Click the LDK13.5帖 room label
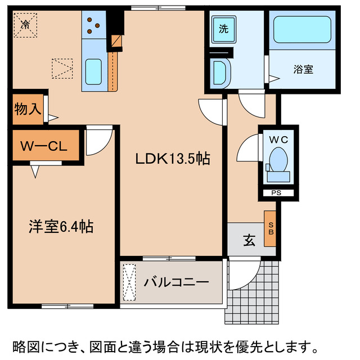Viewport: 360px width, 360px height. click(x=172, y=159)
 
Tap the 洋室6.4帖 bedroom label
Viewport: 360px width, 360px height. click(x=61, y=227)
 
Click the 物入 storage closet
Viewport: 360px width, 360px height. click(x=28, y=109)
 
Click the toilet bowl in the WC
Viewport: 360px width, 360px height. click(x=278, y=159)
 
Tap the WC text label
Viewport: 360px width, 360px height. click(x=278, y=139)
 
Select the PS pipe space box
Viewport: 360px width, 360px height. click(x=277, y=193)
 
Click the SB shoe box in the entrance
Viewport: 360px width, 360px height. click(x=271, y=228)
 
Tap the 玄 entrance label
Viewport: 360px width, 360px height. click(x=249, y=240)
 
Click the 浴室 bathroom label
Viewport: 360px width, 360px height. click(x=303, y=70)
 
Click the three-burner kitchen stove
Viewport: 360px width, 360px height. click(x=94, y=25)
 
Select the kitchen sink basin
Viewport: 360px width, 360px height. click(x=93, y=71)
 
